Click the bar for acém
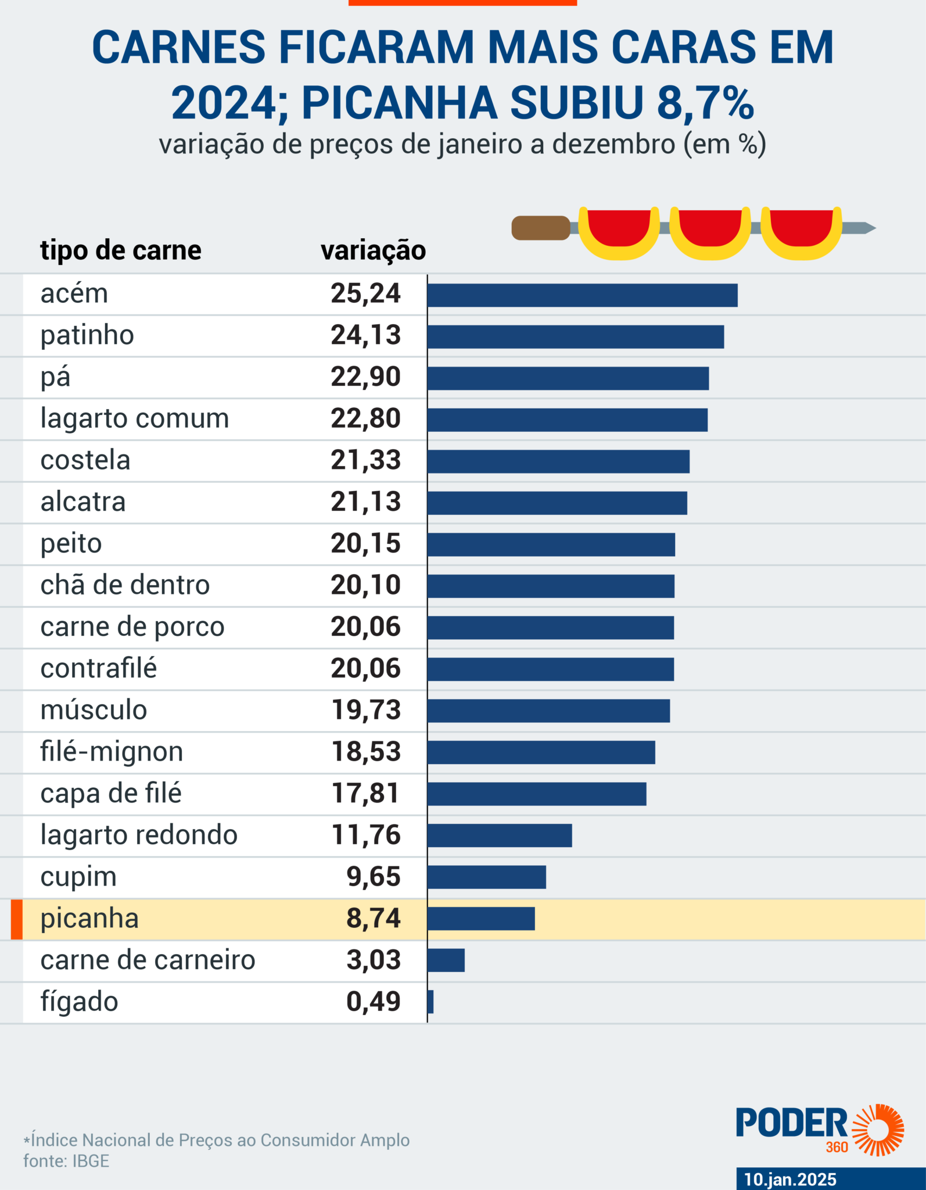[x=582, y=295]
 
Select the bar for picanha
[x=481, y=919]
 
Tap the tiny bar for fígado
[x=430, y=1002]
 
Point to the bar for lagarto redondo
[x=500, y=836]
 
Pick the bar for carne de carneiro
[x=446, y=960]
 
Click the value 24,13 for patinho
[x=365, y=335]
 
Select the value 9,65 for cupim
[x=374, y=877]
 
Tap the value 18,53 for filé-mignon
[x=365, y=752]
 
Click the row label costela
[x=85, y=460]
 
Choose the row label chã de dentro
[x=125, y=585]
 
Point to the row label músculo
[x=94, y=710]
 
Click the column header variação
[x=373, y=250]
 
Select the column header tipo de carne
[x=121, y=250]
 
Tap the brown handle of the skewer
[x=540, y=228]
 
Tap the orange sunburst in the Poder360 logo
[x=878, y=1130]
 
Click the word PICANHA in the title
[x=399, y=103]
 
